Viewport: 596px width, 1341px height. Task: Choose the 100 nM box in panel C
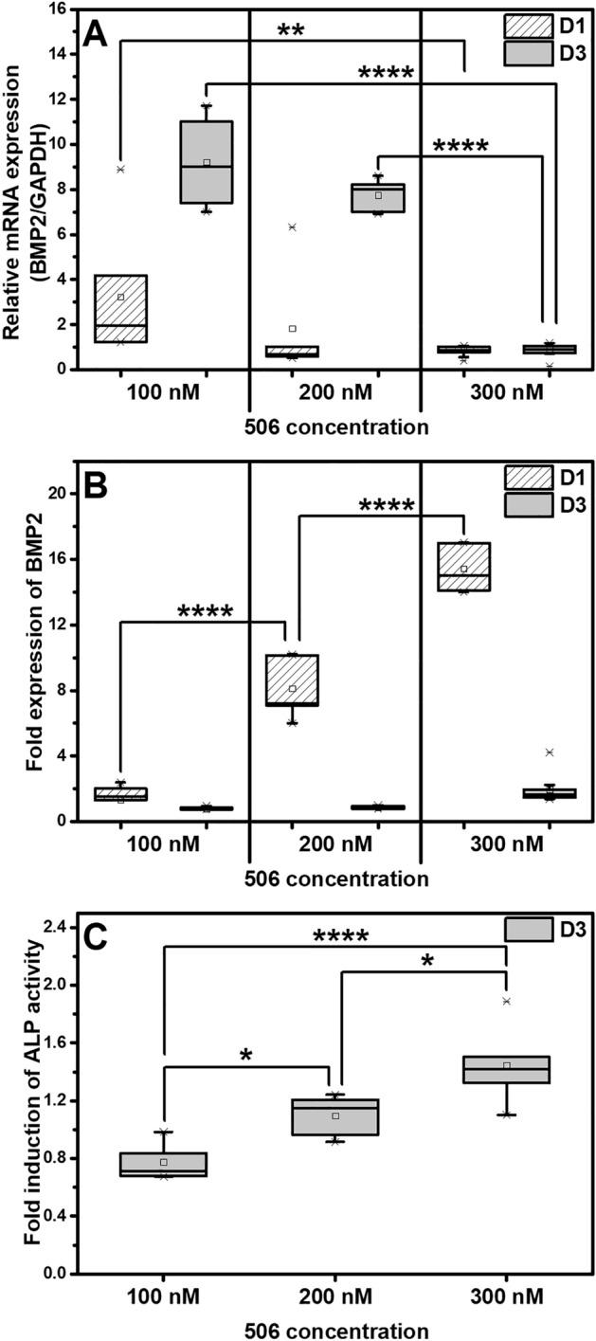[x=164, y=1156]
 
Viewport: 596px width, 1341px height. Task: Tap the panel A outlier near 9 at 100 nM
[x=120, y=169]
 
